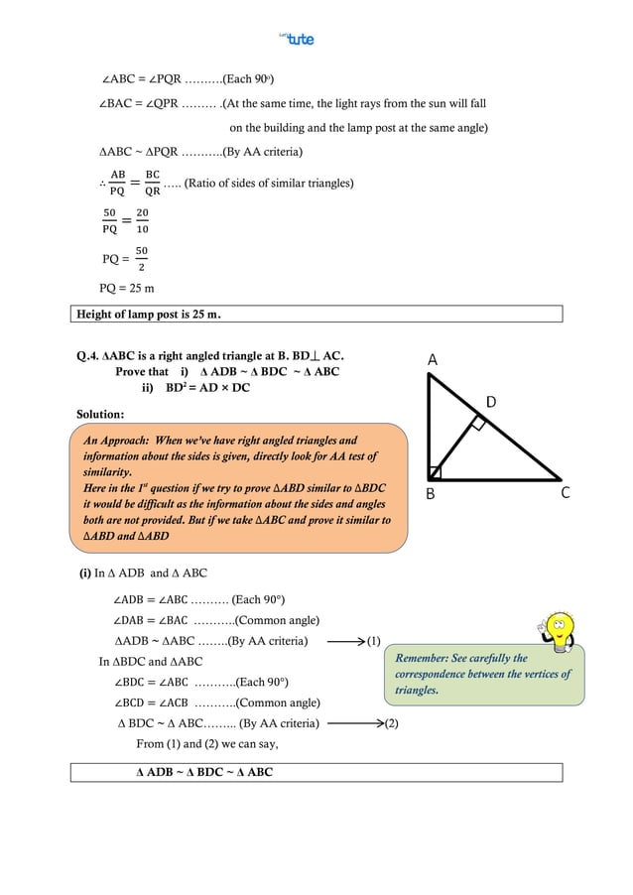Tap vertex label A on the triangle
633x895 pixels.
pyautogui.click(x=433, y=362)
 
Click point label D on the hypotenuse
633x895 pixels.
pyautogui.click(x=490, y=401)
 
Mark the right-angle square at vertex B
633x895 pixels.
pyautogui.click(x=436, y=472)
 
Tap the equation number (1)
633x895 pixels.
pyautogui.click(x=374, y=641)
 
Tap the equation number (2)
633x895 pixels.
pyautogui.click(x=391, y=722)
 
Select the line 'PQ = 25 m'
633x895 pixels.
pyautogui.click(x=127, y=289)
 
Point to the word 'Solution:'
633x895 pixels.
pyautogui.click(x=100, y=413)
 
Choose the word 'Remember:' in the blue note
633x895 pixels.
pyautogui.click(x=423, y=658)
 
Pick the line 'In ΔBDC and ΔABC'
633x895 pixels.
pyautogui.click(x=151, y=661)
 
